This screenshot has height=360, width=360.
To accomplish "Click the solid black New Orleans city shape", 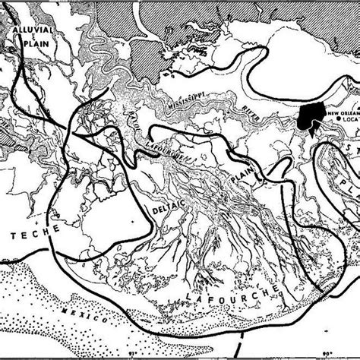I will [x=309, y=117].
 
